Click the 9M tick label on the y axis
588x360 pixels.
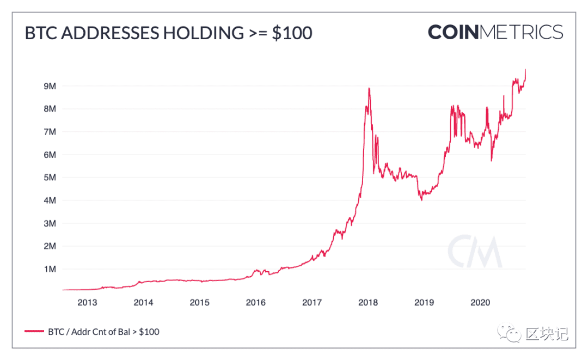[50, 86]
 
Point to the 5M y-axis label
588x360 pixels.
[50, 178]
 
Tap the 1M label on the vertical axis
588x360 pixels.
[50, 269]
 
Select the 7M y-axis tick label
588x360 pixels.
[50, 132]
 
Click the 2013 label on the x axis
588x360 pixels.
[87, 303]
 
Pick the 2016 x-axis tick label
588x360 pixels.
[256, 303]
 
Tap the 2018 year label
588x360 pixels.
[368, 303]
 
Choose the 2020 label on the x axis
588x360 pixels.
[480, 303]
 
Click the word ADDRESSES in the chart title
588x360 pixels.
[110, 33]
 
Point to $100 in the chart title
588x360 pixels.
[292, 33]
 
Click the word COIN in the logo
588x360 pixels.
[454, 32]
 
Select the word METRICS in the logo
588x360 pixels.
[521, 32]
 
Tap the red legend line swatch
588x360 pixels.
[34, 331]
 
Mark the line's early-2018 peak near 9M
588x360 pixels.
[369, 88]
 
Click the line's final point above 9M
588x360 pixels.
[525, 69]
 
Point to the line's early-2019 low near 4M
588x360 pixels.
[421, 200]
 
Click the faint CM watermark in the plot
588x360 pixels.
[475, 251]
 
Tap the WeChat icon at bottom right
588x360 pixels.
[509, 333]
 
